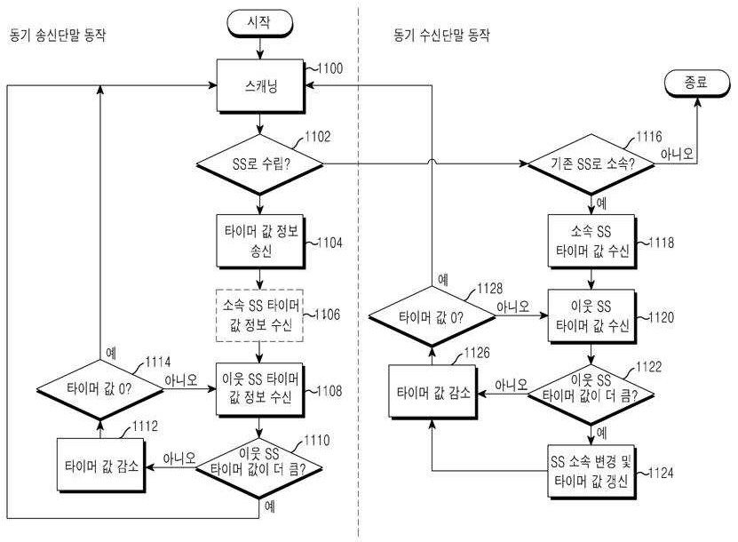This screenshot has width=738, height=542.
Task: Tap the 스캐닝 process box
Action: pyautogui.click(x=259, y=87)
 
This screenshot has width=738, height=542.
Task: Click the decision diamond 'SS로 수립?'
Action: pyautogui.click(x=259, y=163)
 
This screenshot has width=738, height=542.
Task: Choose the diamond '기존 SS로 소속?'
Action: pyautogui.click(x=591, y=163)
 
